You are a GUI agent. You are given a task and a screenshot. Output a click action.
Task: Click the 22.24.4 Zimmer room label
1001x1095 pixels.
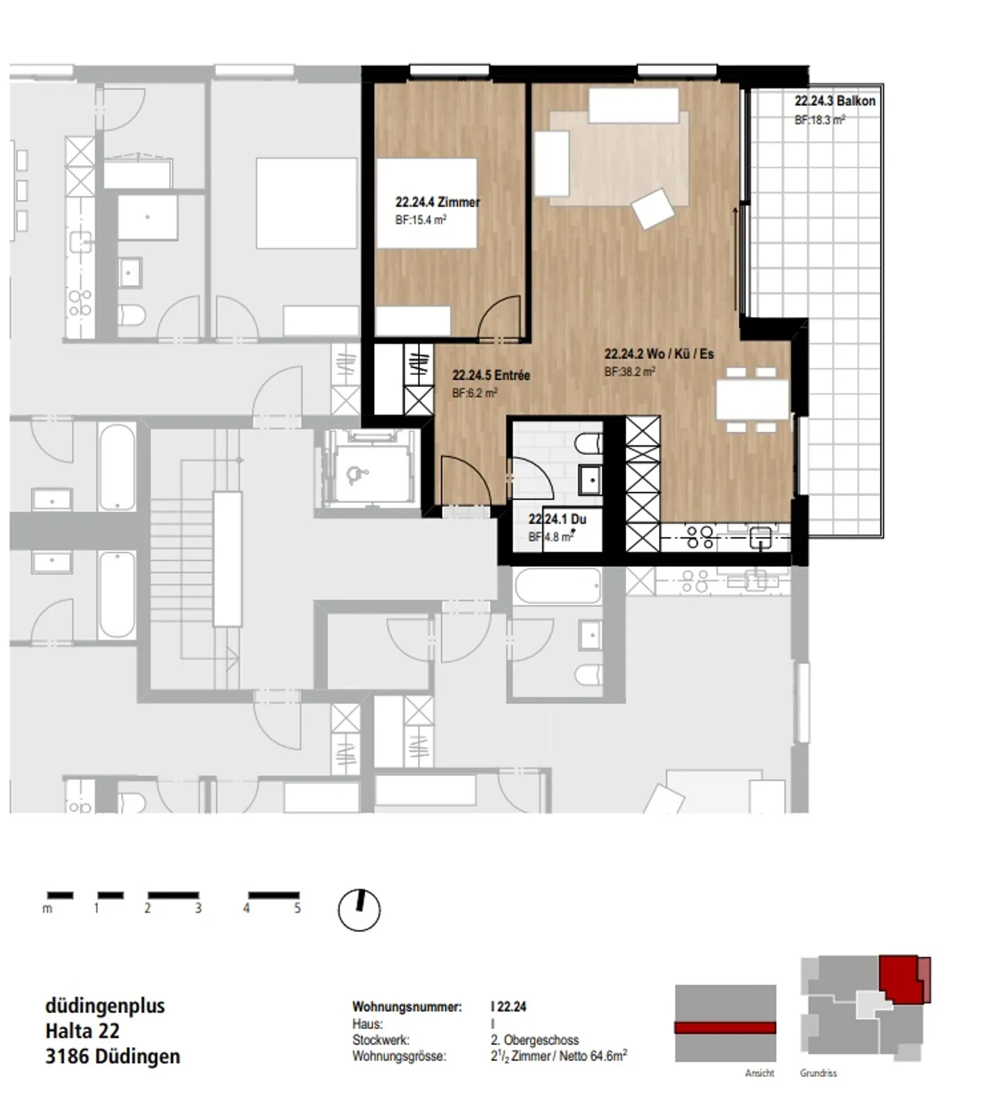coord(437,202)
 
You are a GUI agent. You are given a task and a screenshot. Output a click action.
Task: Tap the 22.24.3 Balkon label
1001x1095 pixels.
coord(834,101)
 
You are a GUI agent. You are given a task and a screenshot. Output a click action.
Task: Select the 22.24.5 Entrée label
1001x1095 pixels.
coord(491,376)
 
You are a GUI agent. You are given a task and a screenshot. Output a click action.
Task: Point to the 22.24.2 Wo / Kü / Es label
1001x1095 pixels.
coord(658,354)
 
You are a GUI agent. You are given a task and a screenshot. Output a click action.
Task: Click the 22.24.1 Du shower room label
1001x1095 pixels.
coord(557,519)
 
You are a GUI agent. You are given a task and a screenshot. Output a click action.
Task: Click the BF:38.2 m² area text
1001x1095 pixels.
coord(629,372)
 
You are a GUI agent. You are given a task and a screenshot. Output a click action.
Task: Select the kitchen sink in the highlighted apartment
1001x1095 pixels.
coord(760,537)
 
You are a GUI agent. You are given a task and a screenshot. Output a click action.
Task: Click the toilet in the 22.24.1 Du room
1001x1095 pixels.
coord(589,443)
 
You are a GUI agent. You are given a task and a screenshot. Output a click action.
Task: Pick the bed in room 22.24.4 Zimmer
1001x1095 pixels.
coord(427,203)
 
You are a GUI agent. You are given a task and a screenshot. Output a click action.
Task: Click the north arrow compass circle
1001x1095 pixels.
coord(359,910)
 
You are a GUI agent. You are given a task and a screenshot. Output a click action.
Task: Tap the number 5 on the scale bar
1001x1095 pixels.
coord(298,908)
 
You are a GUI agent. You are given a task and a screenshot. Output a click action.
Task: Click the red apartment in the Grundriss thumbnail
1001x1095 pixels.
coord(900,977)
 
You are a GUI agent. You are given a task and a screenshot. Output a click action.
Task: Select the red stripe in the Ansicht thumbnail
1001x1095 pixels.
coord(725,1028)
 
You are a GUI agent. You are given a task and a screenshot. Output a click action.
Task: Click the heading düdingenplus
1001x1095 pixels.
coord(105,1006)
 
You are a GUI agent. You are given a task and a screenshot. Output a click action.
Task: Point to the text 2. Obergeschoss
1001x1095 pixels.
coord(534,1040)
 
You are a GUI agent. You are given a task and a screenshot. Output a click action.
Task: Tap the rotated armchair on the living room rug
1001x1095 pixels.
coord(653,207)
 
